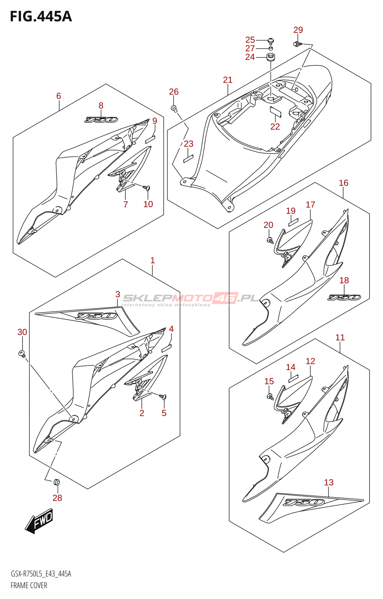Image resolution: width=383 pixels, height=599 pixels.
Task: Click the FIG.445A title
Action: [41, 16]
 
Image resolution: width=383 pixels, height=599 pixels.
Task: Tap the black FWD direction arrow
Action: [39, 520]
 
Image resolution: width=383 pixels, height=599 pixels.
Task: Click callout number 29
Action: [298, 30]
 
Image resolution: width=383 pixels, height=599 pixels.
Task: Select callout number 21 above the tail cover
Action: [227, 80]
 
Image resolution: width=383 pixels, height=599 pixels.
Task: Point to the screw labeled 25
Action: [271, 40]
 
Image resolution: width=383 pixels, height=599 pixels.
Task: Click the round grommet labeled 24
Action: [270, 57]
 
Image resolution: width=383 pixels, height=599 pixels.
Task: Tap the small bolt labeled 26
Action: [174, 108]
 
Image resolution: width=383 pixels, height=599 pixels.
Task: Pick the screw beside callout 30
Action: [22, 353]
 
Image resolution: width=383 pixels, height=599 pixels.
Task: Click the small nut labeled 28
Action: [57, 482]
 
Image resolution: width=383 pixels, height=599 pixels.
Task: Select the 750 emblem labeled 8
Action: [101, 120]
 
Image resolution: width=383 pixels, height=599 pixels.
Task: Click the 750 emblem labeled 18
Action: [344, 297]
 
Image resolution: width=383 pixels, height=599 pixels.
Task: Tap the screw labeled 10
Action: [147, 187]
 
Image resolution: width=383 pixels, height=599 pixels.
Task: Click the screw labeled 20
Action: [270, 240]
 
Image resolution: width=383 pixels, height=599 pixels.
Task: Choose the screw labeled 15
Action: [270, 396]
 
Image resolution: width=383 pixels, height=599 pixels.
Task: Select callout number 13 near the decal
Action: [328, 482]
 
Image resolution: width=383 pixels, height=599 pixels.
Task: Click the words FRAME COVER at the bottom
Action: [29, 586]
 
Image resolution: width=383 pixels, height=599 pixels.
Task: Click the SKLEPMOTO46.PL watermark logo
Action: [191, 298]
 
